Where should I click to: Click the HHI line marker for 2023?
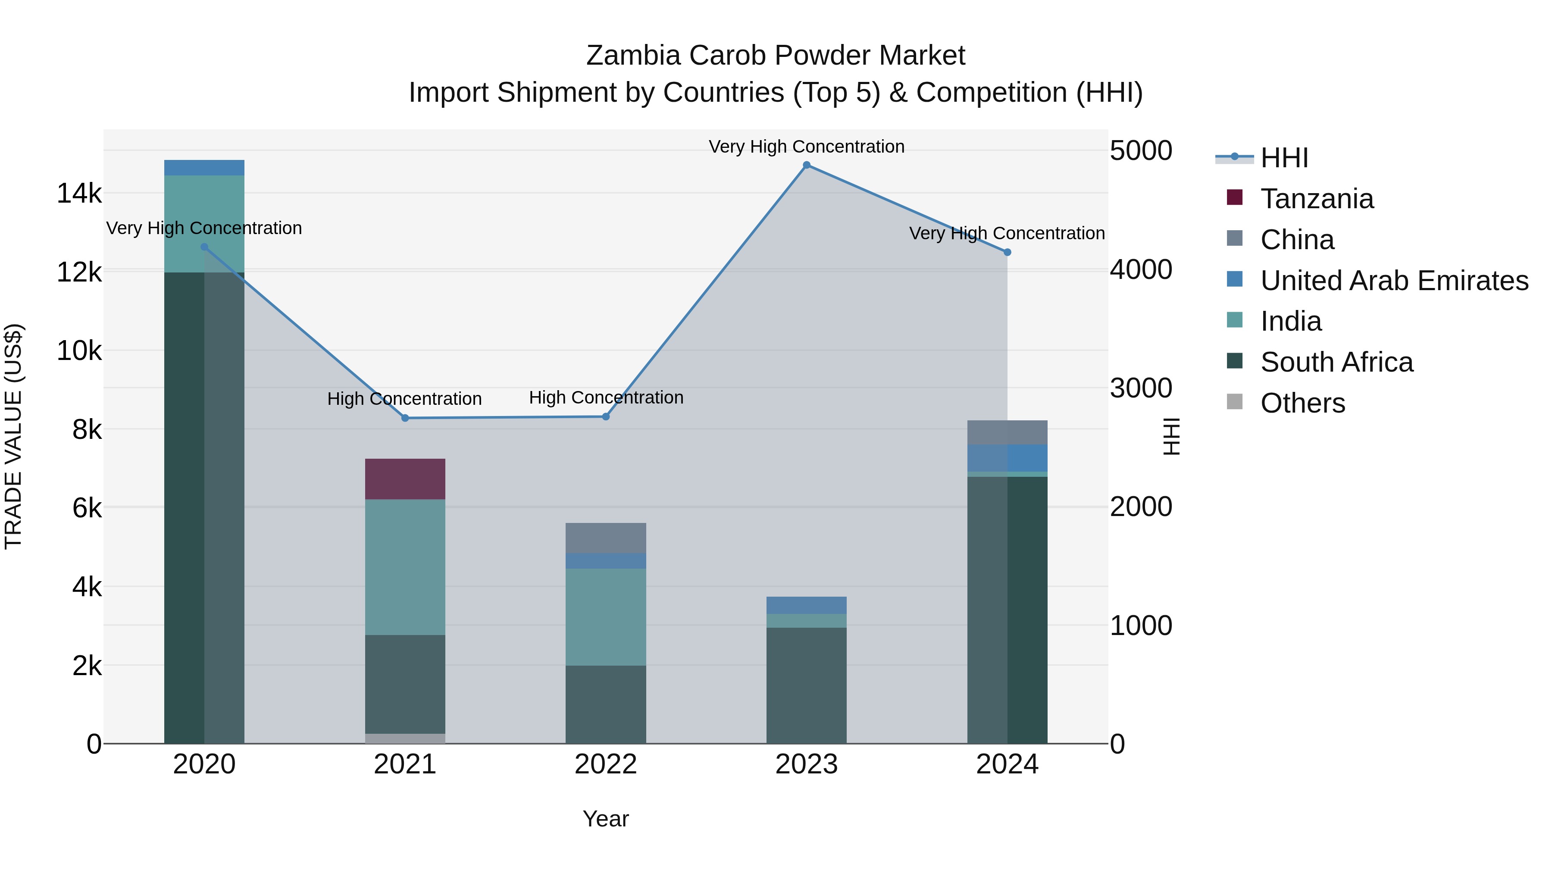click(806, 165)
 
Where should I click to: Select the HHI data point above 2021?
click(405, 418)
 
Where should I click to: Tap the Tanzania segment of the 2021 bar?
click(405, 479)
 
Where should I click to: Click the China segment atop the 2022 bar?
click(606, 538)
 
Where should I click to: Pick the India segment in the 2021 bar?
click(405, 566)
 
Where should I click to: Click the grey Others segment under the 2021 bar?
click(405, 738)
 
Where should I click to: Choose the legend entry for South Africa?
click(1336, 362)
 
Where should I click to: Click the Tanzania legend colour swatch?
click(1235, 197)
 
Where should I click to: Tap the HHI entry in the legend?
click(1283, 158)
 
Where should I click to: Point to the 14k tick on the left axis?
click(79, 194)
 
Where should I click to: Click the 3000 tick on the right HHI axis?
click(1140, 388)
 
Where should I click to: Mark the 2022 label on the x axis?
click(606, 764)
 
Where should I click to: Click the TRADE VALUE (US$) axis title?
click(13, 436)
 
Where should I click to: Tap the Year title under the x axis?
click(606, 819)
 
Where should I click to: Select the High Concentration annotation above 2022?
click(606, 397)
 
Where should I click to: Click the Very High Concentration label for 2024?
click(1006, 233)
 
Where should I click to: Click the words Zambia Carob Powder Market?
click(776, 56)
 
